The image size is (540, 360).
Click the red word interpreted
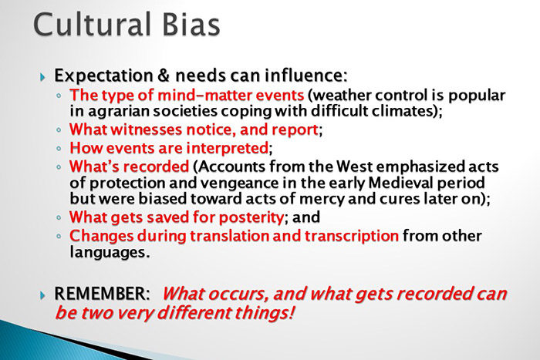click(228, 146)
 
